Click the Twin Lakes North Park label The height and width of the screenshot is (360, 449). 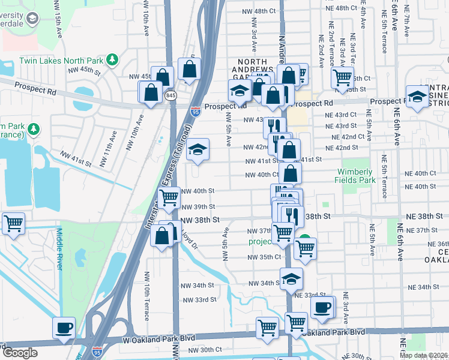(x=61, y=61)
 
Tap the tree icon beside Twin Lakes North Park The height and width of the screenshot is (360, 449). (x=112, y=59)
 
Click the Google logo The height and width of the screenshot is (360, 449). (x=20, y=353)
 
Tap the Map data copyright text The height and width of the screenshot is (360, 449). (x=424, y=355)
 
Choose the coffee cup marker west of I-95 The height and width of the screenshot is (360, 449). (x=64, y=328)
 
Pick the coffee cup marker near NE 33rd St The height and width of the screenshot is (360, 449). (x=323, y=307)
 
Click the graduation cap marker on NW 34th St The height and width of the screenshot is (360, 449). (x=292, y=278)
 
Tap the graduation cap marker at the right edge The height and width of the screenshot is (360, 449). (x=417, y=96)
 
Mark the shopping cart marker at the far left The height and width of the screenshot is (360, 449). (x=13, y=223)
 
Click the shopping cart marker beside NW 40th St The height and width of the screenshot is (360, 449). (x=169, y=196)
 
